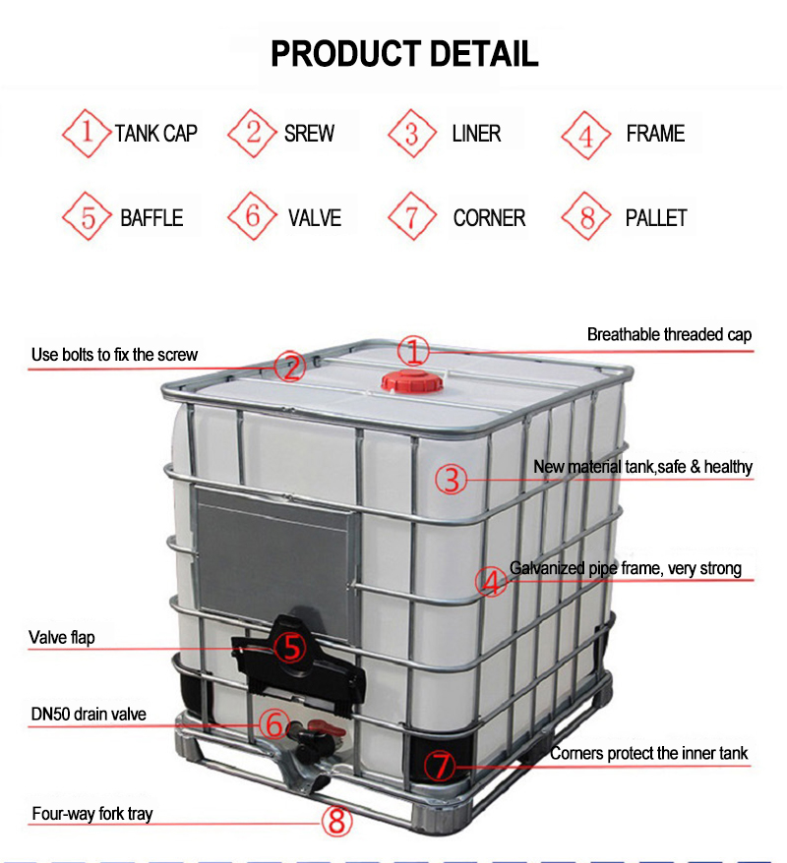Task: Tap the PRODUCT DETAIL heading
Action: (x=404, y=53)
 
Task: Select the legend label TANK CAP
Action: (x=155, y=134)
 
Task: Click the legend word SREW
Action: (x=309, y=134)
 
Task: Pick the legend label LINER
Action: (x=476, y=134)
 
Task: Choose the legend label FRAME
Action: (x=655, y=134)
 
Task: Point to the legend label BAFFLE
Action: (x=151, y=218)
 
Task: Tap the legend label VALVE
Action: (x=315, y=218)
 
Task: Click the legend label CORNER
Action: (x=489, y=218)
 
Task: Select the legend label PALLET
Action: (x=656, y=218)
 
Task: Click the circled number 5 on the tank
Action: (x=289, y=647)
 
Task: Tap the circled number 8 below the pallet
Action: (x=337, y=820)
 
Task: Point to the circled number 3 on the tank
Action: (x=451, y=480)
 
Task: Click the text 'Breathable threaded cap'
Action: (x=669, y=335)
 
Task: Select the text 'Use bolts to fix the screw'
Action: (x=114, y=354)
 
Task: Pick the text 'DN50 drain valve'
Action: (x=89, y=714)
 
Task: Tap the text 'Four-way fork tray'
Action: (x=92, y=814)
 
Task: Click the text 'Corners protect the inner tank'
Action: (x=648, y=754)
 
